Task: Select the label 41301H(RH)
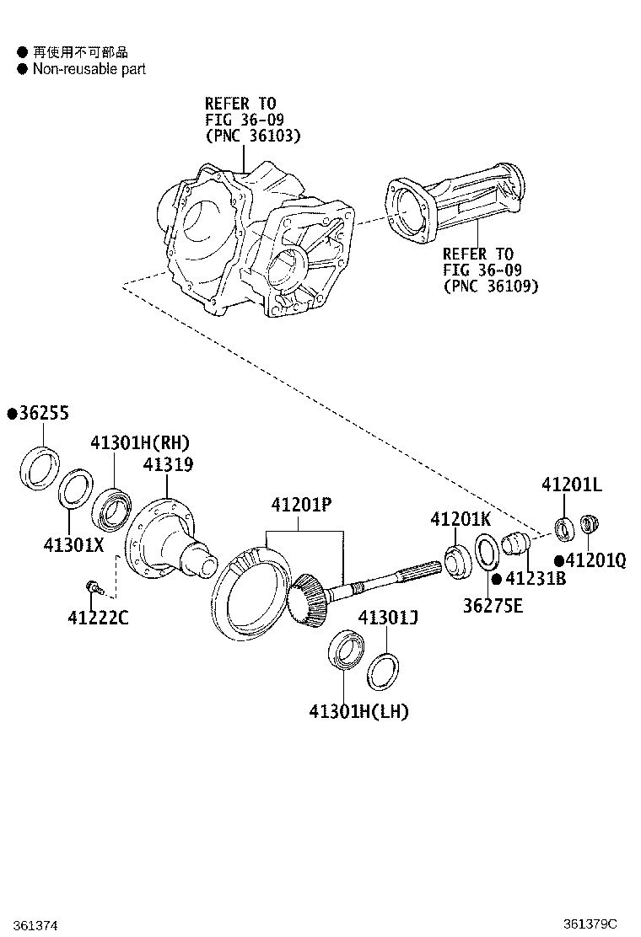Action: [140, 443]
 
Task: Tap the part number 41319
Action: [168, 464]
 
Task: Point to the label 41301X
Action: [73, 544]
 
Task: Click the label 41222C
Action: [98, 619]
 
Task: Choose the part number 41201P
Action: [301, 505]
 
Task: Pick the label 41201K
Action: [461, 519]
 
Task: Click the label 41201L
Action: [571, 485]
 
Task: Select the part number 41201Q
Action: [596, 560]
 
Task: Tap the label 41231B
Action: [536, 579]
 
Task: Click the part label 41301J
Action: [389, 619]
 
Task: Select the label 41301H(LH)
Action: [358, 712]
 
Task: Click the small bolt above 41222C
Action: [93, 586]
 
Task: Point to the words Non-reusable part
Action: [89, 69]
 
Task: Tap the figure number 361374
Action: [35, 925]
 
